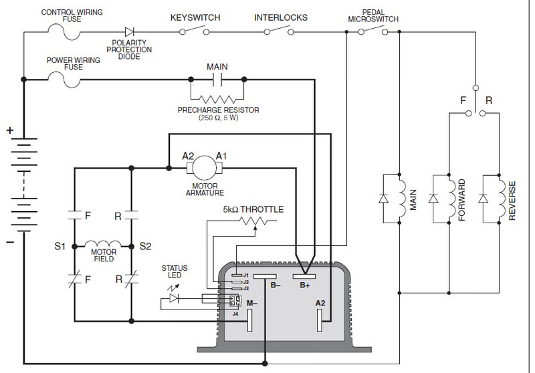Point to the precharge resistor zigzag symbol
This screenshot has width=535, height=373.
(217, 97)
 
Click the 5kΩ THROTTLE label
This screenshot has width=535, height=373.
(253, 210)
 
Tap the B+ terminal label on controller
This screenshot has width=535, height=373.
(304, 285)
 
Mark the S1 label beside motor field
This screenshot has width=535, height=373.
(60, 247)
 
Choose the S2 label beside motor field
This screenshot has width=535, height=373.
(145, 247)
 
